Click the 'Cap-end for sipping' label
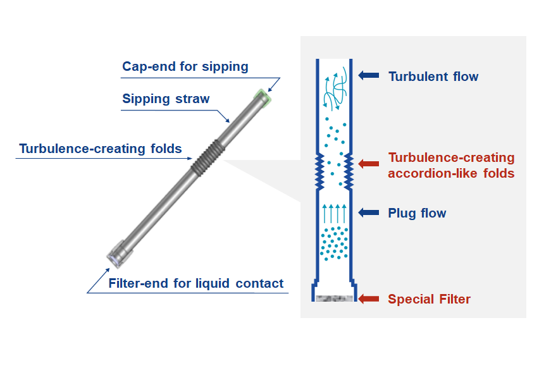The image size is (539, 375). [x=185, y=66]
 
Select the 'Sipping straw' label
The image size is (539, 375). [x=165, y=99]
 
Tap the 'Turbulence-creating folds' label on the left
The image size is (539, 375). [x=101, y=149]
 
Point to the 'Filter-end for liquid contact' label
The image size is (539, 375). [x=196, y=283]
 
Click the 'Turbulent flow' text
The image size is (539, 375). [x=433, y=77]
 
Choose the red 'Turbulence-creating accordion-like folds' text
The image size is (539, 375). [x=451, y=165]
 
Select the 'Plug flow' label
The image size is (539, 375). [x=417, y=213]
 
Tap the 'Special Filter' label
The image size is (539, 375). [x=429, y=299]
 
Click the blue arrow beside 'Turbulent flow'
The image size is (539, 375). [x=368, y=76]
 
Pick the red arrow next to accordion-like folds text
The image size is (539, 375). [x=368, y=164]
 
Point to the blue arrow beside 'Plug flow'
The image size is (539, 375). [x=368, y=213]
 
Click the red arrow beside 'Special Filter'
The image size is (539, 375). [x=368, y=299]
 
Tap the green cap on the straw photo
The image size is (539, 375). [x=262, y=96]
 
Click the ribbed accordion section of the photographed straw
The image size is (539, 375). [x=205, y=157]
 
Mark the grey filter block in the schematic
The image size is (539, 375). [x=333, y=298]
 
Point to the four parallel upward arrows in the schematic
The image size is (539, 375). [x=334, y=213]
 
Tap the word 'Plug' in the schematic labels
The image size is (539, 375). [x=402, y=213]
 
